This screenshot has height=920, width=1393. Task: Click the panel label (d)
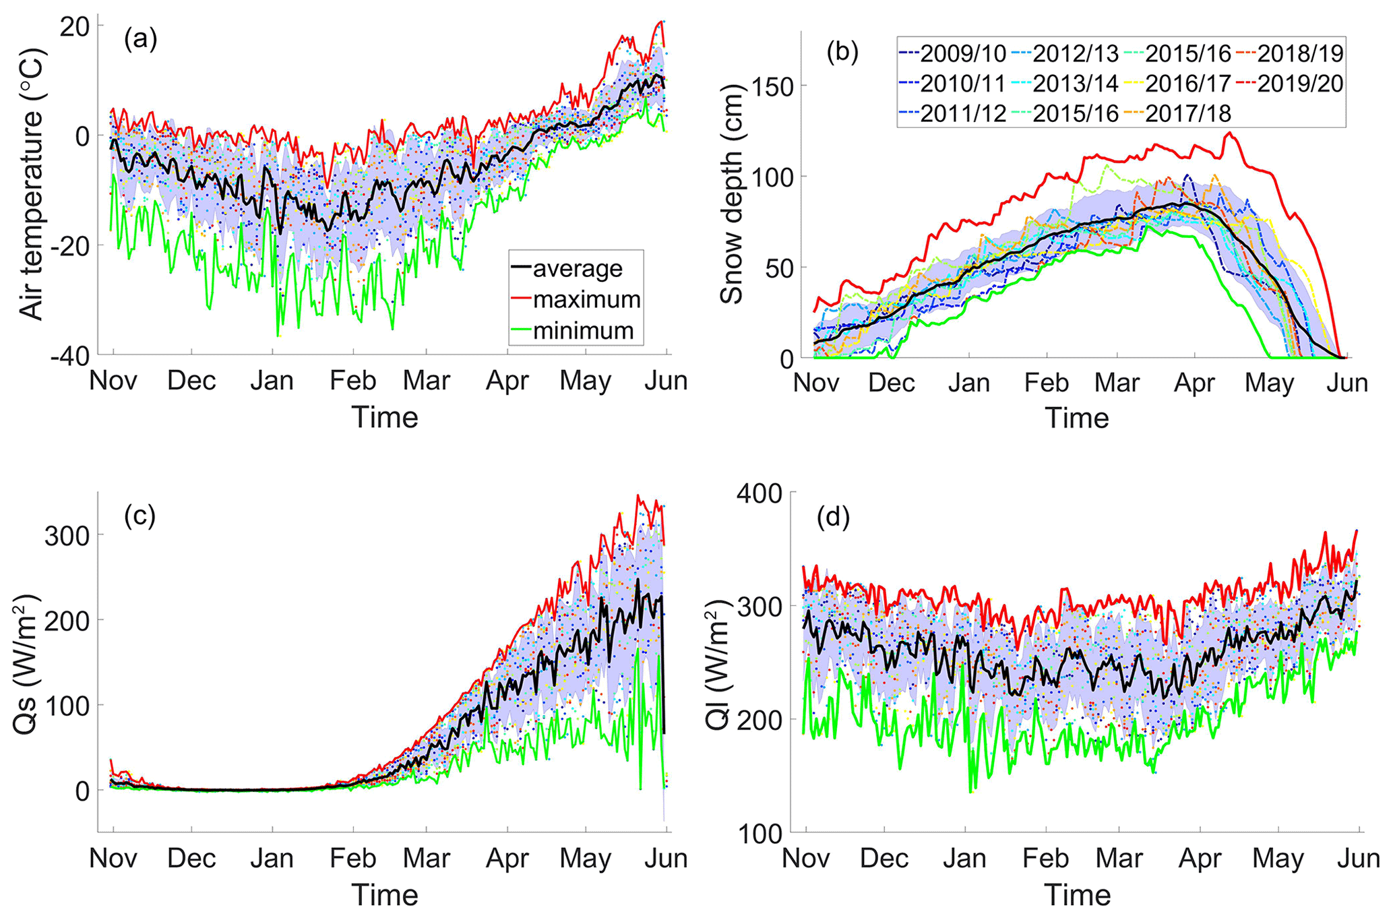coord(833,518)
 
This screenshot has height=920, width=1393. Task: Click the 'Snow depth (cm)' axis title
coord(732,195)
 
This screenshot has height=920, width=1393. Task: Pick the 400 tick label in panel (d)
coord(764,494)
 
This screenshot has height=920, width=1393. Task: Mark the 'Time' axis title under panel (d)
coord(1077,895)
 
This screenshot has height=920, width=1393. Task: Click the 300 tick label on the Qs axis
coord(66,535)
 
